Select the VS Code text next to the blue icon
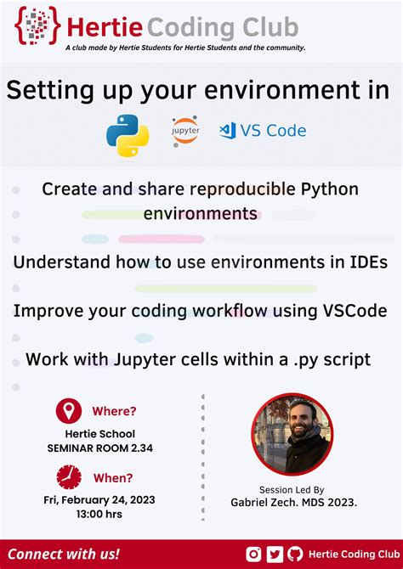click(274, 131)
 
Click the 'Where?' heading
click(114, 412)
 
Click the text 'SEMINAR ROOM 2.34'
click(101, 448)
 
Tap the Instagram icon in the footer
click(253, 554)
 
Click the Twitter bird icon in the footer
click(274, 554)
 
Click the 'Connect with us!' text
click(64, 554)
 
